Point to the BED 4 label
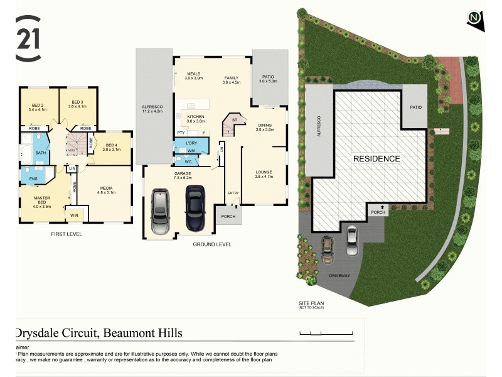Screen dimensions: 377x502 pos(112,146)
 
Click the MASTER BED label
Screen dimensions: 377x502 pos(41,202)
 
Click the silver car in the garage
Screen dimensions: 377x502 pos(161,212)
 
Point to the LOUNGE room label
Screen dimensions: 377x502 pos(264,173)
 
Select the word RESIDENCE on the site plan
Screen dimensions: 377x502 pos(376,158)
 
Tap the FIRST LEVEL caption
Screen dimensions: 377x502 pos(67,234)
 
